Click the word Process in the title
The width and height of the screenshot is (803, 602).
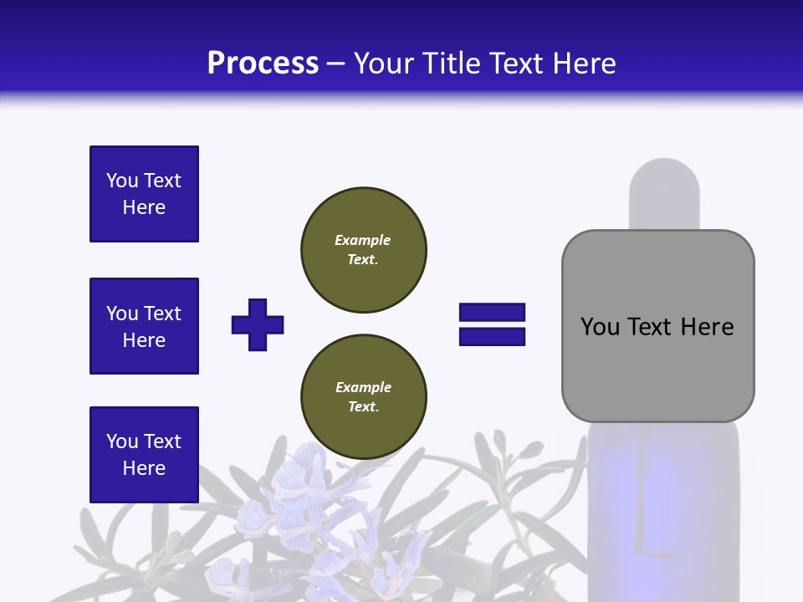click(263, 64)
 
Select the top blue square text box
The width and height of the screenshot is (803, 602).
click(144, 194)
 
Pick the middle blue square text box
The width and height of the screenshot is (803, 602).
click(144, 326)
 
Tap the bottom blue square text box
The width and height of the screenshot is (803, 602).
click(144, 454)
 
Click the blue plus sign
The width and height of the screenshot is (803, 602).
click(258, 324)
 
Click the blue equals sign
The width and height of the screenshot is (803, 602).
click(492, 324)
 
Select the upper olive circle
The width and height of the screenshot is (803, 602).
click(363, 250)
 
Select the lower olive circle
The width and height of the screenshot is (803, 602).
click(363, 397)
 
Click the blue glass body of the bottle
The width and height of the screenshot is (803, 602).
click(664, 510)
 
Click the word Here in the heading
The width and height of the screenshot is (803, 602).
click(586, 64)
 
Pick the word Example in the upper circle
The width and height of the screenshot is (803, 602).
click(362, 240)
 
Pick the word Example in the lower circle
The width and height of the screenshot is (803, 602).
click(363, 387)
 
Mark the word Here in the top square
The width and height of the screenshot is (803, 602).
click(144, 207)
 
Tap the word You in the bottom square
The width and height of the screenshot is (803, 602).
click(121, 441)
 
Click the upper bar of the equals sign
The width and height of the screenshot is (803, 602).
click(492, 313)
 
